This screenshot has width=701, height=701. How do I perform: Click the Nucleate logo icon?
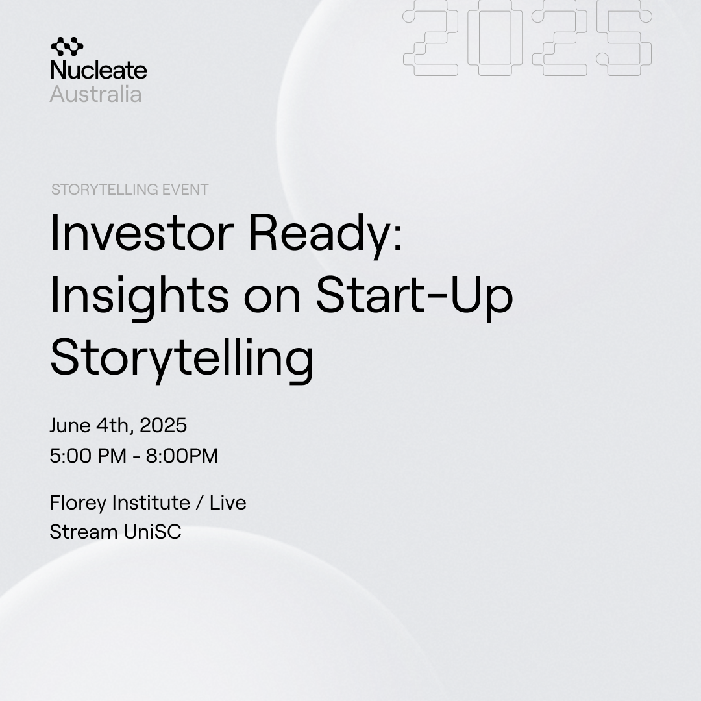tap(67, 47)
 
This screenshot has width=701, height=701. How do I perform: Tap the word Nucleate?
tap(99, 69)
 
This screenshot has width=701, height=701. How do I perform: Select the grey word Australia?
tap(95, 94)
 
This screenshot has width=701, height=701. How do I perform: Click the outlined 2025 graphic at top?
tap(528, 38)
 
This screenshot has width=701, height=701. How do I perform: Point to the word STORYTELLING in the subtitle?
tap(105, 190)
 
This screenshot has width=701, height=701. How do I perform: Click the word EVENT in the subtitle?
tap(185, 190)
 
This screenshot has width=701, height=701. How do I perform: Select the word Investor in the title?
tap(142, 234)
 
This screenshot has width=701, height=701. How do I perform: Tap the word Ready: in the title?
tap(326, 236)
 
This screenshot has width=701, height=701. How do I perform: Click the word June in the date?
tap(70, 425)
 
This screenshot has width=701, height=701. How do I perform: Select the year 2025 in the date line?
tap(163, 425)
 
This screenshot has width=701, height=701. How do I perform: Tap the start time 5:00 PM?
tap(88, 456)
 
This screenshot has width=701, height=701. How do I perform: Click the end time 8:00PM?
tap(182, 456)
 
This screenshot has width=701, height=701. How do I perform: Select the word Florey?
tap(79, 503)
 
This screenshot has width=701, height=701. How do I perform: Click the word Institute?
tap(151, 502)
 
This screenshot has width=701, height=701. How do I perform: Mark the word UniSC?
tap(153, 532)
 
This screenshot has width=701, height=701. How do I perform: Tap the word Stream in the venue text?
tap(84, 532)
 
